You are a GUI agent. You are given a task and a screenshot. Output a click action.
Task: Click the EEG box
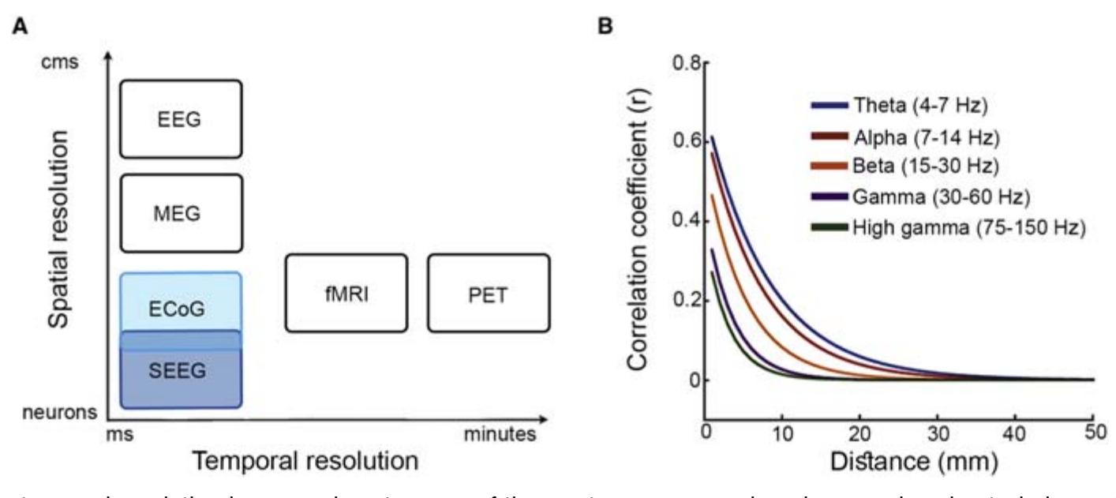180,118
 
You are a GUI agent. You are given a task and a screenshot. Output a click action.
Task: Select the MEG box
180,213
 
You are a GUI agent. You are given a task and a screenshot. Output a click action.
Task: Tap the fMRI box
346,293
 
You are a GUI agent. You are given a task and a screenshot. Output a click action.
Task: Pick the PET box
489,293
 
